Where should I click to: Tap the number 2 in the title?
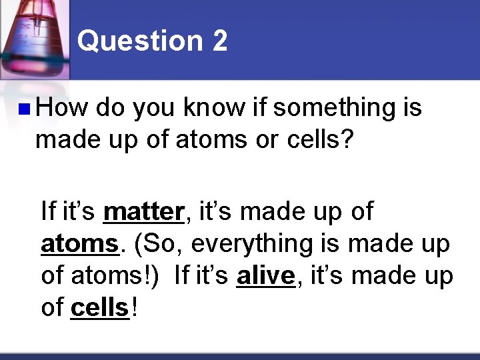coord(219,41)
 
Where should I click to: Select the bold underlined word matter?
coord(143,212)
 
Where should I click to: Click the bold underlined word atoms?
coord(79,244)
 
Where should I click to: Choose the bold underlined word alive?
coord(265,276)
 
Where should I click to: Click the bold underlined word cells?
coord(99,308)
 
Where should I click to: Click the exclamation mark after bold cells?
coord(135,308)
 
